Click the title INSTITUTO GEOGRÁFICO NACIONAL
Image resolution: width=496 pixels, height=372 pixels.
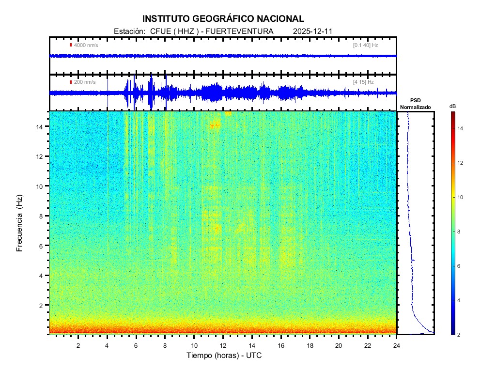tap(223, 19)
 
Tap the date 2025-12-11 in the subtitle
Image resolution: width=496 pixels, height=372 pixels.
tap(312, 31)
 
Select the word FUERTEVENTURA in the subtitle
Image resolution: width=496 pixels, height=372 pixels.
tap(240, 31)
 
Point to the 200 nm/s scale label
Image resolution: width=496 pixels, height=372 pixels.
tap(84, 82)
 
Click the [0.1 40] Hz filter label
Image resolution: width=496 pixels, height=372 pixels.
tap(365, 45)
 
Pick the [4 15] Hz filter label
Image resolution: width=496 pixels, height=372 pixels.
tap(363, 82)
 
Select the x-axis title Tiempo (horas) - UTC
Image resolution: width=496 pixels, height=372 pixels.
tap(224, 356)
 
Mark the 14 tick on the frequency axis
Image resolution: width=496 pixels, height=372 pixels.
tap(40, 126)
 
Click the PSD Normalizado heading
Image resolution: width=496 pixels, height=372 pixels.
tap(415, 104)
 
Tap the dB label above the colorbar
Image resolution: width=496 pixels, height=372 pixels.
tap(452, 106)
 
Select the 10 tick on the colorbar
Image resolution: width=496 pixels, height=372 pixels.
tap(461, 197)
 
